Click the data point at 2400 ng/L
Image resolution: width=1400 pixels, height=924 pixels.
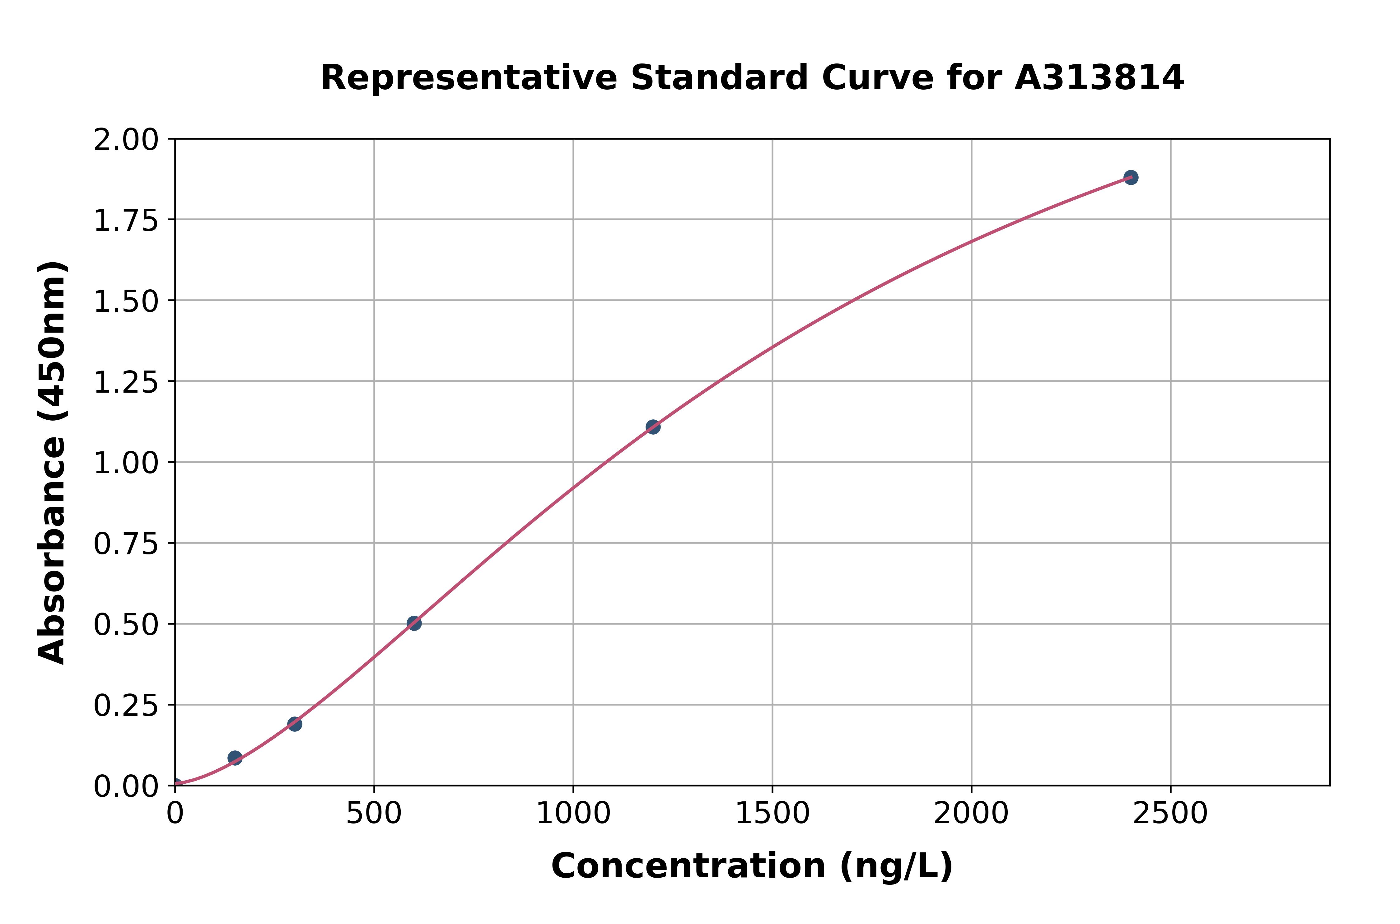(1131, 177)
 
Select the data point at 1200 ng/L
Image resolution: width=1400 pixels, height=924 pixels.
(653, 427)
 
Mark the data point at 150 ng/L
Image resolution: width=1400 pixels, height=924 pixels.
(235, 758)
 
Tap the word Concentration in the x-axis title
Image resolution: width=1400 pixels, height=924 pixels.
(688, 866)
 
